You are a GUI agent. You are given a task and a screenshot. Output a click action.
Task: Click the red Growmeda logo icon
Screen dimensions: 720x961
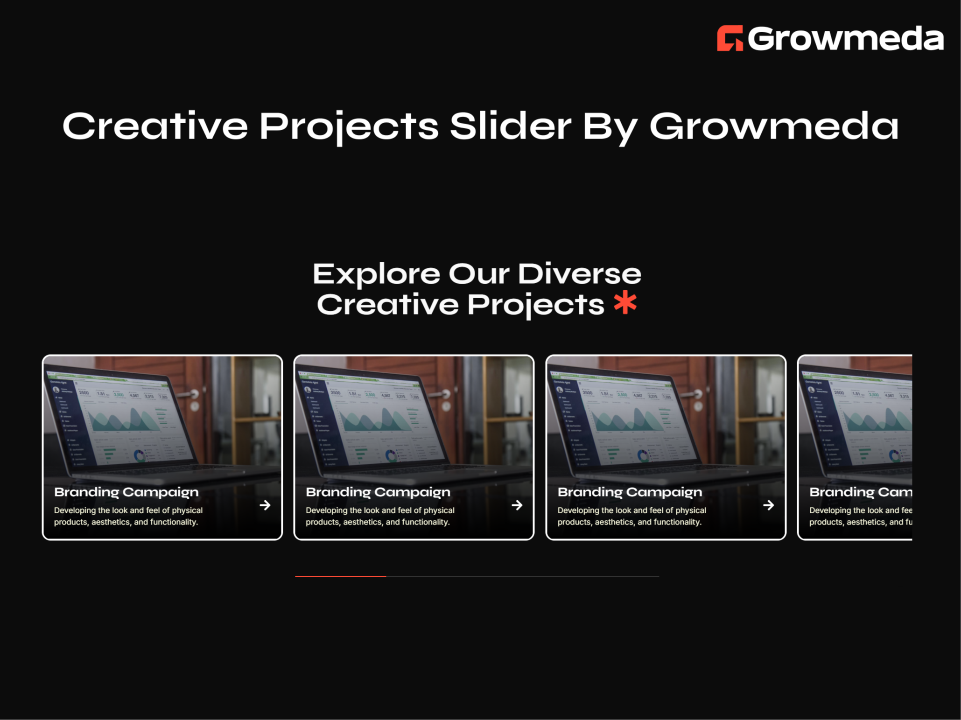pyautogui.click(x=730, y=38)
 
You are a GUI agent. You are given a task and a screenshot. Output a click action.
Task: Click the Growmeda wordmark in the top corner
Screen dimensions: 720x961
pyautogui.click(x=845, y=38)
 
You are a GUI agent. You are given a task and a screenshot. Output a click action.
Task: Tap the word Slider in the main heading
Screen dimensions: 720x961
pyautogui.click(x=510, y=126)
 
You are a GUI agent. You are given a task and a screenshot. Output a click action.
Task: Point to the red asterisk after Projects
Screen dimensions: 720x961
pyautogui.click(x=625, y=303)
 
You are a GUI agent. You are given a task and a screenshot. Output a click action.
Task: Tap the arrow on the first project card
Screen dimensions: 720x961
pyautogui.click(x=265, y=505)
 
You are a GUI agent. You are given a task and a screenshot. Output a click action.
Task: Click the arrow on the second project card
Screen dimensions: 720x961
pyautogui.click(x=517, y=505)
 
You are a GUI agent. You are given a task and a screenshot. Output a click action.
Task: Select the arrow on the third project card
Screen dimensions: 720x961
pyautogui.click(x=769, y=505)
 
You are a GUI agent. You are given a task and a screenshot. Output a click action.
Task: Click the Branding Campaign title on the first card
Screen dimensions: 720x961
pyautogui.click(x=126, y=492)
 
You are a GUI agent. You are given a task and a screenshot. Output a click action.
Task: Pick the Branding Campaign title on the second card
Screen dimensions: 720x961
pyautogui.click(x=378, y=492)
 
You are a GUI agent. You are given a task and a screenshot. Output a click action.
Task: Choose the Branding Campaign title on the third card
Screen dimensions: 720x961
pyautogui.click(x=630, y=492)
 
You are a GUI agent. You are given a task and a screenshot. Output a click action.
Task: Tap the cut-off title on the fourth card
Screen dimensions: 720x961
pyautogui.click(x=860, y=492)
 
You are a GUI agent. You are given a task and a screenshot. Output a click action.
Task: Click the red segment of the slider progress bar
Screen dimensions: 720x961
pyautogui.click(x=340, y=576)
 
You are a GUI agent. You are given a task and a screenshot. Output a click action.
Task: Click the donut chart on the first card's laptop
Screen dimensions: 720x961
pyautogui.click(x=139, y=455)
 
